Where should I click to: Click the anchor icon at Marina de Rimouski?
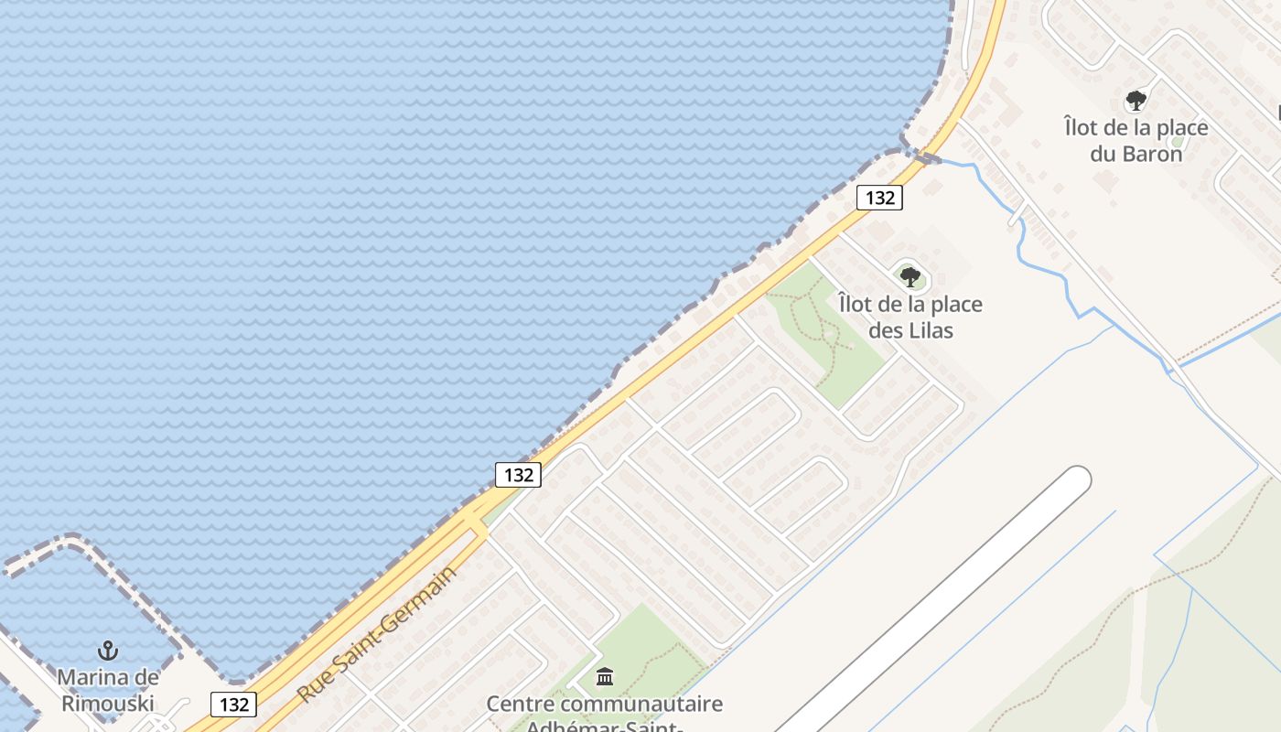pos(108,651)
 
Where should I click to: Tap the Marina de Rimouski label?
pos(108,691)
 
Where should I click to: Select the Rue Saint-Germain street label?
pos(376,635)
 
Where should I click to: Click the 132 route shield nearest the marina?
pos(234,705)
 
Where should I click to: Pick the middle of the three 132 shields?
pos(519,475)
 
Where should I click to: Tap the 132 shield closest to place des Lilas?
pos(879,198)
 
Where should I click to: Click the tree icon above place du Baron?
pos(1136,101)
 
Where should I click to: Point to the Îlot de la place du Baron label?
pos(1136,140)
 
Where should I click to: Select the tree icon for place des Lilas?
pos(910,276)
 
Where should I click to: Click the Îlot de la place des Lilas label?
pos(910,317)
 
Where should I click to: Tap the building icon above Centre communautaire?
pos(605,677)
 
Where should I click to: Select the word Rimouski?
pos(108,705)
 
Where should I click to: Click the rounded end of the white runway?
pos(1075,481)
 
